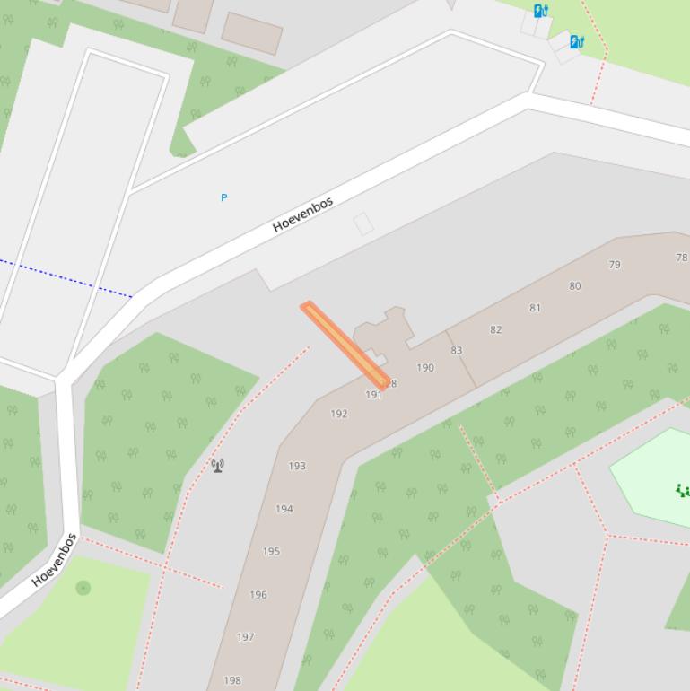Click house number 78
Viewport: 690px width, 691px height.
[681, 258]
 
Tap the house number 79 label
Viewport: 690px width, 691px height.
[615, 265]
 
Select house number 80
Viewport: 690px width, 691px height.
[574, 286]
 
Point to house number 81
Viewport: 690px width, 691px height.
[535, 308]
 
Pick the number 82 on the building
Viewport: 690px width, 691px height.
[495, 329]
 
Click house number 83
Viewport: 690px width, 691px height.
[456, 351]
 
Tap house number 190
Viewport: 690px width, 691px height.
[425, 367]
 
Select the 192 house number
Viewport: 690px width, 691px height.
[338, 414]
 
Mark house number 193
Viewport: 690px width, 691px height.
[297, 466]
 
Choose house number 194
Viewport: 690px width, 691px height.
[284, 509]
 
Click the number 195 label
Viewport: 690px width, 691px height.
[271, 551]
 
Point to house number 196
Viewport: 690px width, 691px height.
[258, 594]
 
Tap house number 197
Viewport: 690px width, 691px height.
[245, 637]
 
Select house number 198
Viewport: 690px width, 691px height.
[232, 680]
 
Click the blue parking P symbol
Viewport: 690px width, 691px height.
[224, 197]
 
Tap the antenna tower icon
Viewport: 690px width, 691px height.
[217, 465]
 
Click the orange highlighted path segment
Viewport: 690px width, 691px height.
[345, 345]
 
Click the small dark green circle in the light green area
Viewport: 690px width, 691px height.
[83, 588]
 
